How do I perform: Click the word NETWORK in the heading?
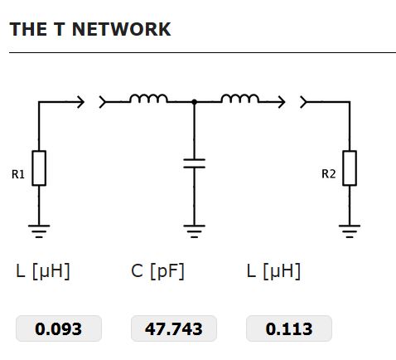121,29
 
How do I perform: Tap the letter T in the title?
60,29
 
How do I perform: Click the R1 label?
18,174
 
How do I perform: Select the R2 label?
329,174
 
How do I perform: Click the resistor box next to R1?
39,168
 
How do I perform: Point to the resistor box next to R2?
350,168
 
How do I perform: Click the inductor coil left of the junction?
148,99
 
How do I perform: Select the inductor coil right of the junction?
240,99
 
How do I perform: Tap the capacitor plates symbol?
194,163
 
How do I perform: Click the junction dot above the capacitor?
194,102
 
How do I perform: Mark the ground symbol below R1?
39,231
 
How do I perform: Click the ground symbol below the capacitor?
194,231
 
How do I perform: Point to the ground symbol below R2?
350,231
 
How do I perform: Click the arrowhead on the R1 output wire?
81,102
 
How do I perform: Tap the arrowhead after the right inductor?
282,102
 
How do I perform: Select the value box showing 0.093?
59,328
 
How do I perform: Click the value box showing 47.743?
174,328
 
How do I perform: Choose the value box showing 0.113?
289,328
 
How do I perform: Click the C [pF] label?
157,271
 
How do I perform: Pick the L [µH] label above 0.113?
273,271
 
